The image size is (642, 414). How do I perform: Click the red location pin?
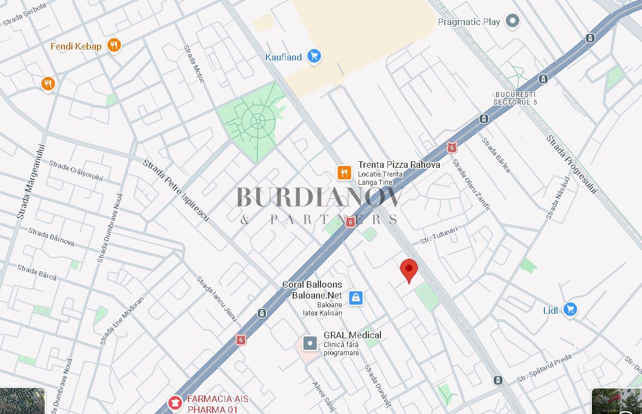409,270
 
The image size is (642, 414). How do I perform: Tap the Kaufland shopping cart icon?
313,56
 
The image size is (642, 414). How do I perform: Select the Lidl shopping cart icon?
570,309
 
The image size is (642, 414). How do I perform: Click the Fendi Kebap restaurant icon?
113,45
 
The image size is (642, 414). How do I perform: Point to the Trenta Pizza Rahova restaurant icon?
344,173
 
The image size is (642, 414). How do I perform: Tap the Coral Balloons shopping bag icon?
355,297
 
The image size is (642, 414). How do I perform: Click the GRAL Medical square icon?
310,343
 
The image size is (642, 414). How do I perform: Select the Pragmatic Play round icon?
512,21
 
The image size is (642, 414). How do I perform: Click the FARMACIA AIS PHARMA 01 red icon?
175,403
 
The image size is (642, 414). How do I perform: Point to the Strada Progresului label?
572,164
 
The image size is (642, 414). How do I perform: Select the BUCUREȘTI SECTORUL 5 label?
515,99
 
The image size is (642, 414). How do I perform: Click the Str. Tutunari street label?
439,235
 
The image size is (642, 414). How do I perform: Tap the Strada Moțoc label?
194,64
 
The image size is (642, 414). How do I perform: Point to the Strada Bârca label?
37,272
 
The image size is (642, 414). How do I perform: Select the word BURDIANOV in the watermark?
320,197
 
